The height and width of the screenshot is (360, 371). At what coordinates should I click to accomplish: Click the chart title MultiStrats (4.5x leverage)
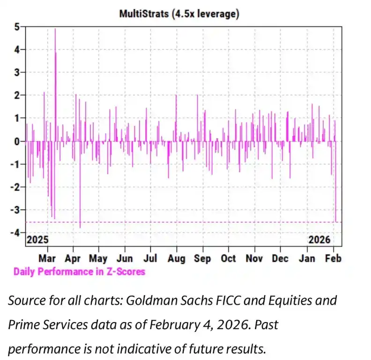179,14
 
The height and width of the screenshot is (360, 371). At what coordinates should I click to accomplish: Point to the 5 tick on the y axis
16,27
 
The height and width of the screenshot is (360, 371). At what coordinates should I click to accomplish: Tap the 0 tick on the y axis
16,141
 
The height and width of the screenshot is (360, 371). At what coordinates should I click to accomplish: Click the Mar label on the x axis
47,258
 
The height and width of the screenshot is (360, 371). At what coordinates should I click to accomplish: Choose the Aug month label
176,258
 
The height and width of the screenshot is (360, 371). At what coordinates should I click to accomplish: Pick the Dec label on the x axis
280,258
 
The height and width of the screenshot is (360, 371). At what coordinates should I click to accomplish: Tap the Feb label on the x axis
334,258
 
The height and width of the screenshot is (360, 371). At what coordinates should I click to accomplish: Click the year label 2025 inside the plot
37,240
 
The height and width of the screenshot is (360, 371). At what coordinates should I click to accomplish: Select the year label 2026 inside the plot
319,240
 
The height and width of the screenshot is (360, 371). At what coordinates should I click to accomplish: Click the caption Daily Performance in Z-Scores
79,271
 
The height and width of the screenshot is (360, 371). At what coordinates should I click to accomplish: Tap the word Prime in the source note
25,324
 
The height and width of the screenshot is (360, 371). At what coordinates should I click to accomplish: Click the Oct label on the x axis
228,258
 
